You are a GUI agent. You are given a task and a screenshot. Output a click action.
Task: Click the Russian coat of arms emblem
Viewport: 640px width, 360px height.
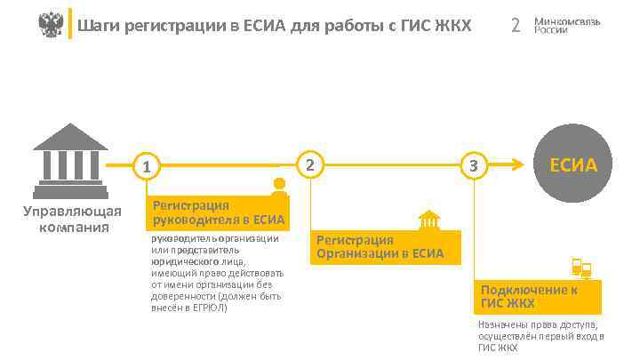tap(52, 24)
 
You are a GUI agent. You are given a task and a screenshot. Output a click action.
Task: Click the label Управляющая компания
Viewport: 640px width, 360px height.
tap(71, 219)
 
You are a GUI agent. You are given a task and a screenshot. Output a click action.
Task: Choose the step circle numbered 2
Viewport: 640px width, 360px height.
tap(309, 164)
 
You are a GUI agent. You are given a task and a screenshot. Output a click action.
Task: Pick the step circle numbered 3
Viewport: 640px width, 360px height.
tap(474, 165)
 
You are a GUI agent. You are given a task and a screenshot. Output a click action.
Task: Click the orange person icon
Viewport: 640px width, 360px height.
tap(280, 188)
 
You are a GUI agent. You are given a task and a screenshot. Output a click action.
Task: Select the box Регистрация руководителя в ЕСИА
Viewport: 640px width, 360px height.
tap(219, 212)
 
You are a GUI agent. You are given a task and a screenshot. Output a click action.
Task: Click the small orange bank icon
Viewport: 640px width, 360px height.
tap(429, 219)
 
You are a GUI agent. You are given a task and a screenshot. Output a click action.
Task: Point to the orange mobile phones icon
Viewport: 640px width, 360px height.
tap(581, 267)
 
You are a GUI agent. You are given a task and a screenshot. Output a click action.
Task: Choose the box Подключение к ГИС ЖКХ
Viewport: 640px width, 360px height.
tap(537, 296)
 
